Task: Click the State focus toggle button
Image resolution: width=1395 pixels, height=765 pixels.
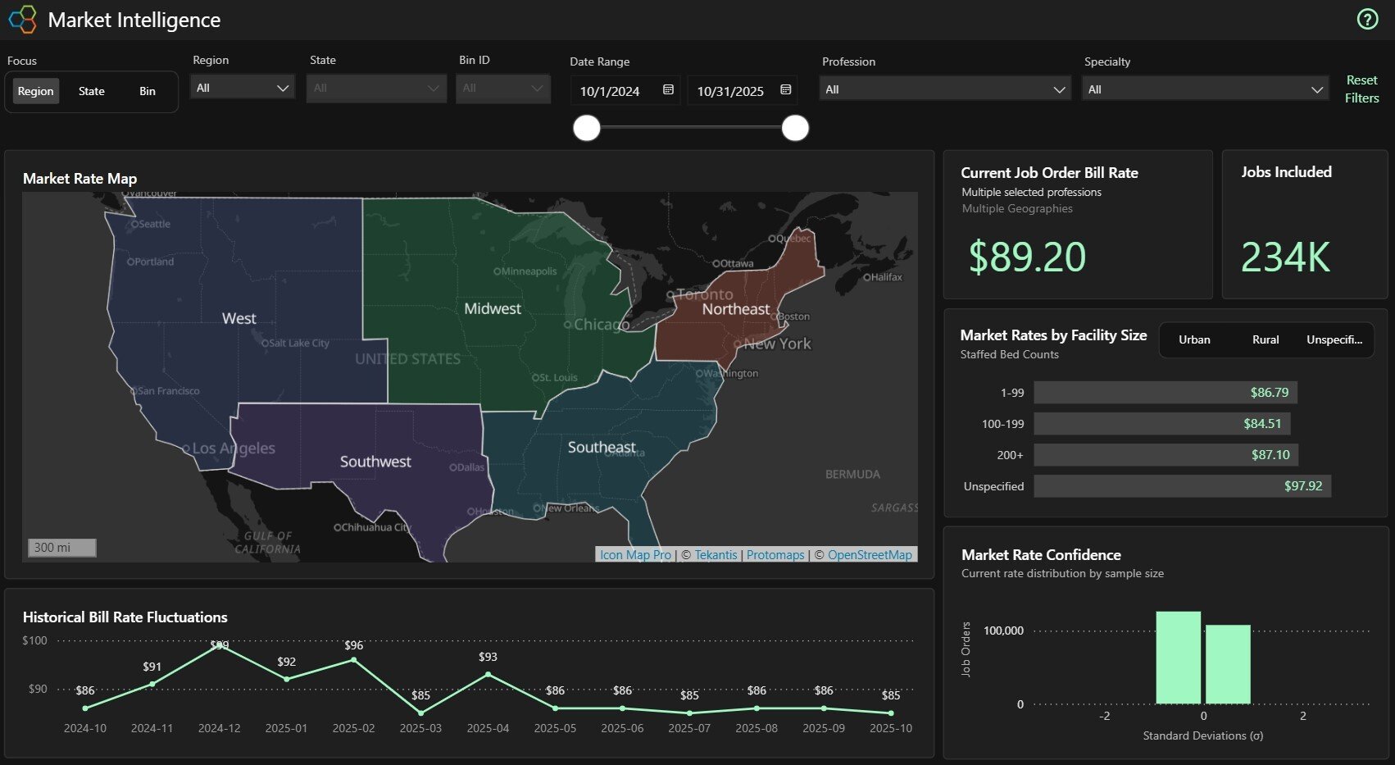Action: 91,91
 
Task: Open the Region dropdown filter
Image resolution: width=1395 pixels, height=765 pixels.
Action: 243,88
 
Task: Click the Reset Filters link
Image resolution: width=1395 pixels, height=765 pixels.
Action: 1361,89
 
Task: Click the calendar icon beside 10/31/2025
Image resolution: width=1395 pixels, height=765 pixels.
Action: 785,89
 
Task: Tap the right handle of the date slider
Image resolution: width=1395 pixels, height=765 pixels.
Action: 794,128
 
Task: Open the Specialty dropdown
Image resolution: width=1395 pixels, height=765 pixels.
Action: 1205,89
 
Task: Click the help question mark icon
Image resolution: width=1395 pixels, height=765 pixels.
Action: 1367,19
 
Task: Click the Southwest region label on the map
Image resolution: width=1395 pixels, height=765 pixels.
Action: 375,462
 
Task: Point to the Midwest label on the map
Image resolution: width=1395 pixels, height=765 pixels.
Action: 492,309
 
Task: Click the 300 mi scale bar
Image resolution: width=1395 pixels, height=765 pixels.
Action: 62,548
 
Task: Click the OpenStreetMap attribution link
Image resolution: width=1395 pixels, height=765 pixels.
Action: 869,555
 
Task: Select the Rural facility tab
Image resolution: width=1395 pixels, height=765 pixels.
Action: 1265,339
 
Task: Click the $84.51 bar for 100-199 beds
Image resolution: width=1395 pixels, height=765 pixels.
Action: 1162,424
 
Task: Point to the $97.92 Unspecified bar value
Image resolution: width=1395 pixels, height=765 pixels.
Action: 1302,486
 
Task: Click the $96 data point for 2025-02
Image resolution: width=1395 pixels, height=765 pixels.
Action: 353,659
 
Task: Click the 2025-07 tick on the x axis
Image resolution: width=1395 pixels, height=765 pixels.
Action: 688,728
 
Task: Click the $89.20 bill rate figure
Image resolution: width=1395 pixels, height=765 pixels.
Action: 1027,257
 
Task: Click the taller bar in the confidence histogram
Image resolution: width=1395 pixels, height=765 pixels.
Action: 1178,658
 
